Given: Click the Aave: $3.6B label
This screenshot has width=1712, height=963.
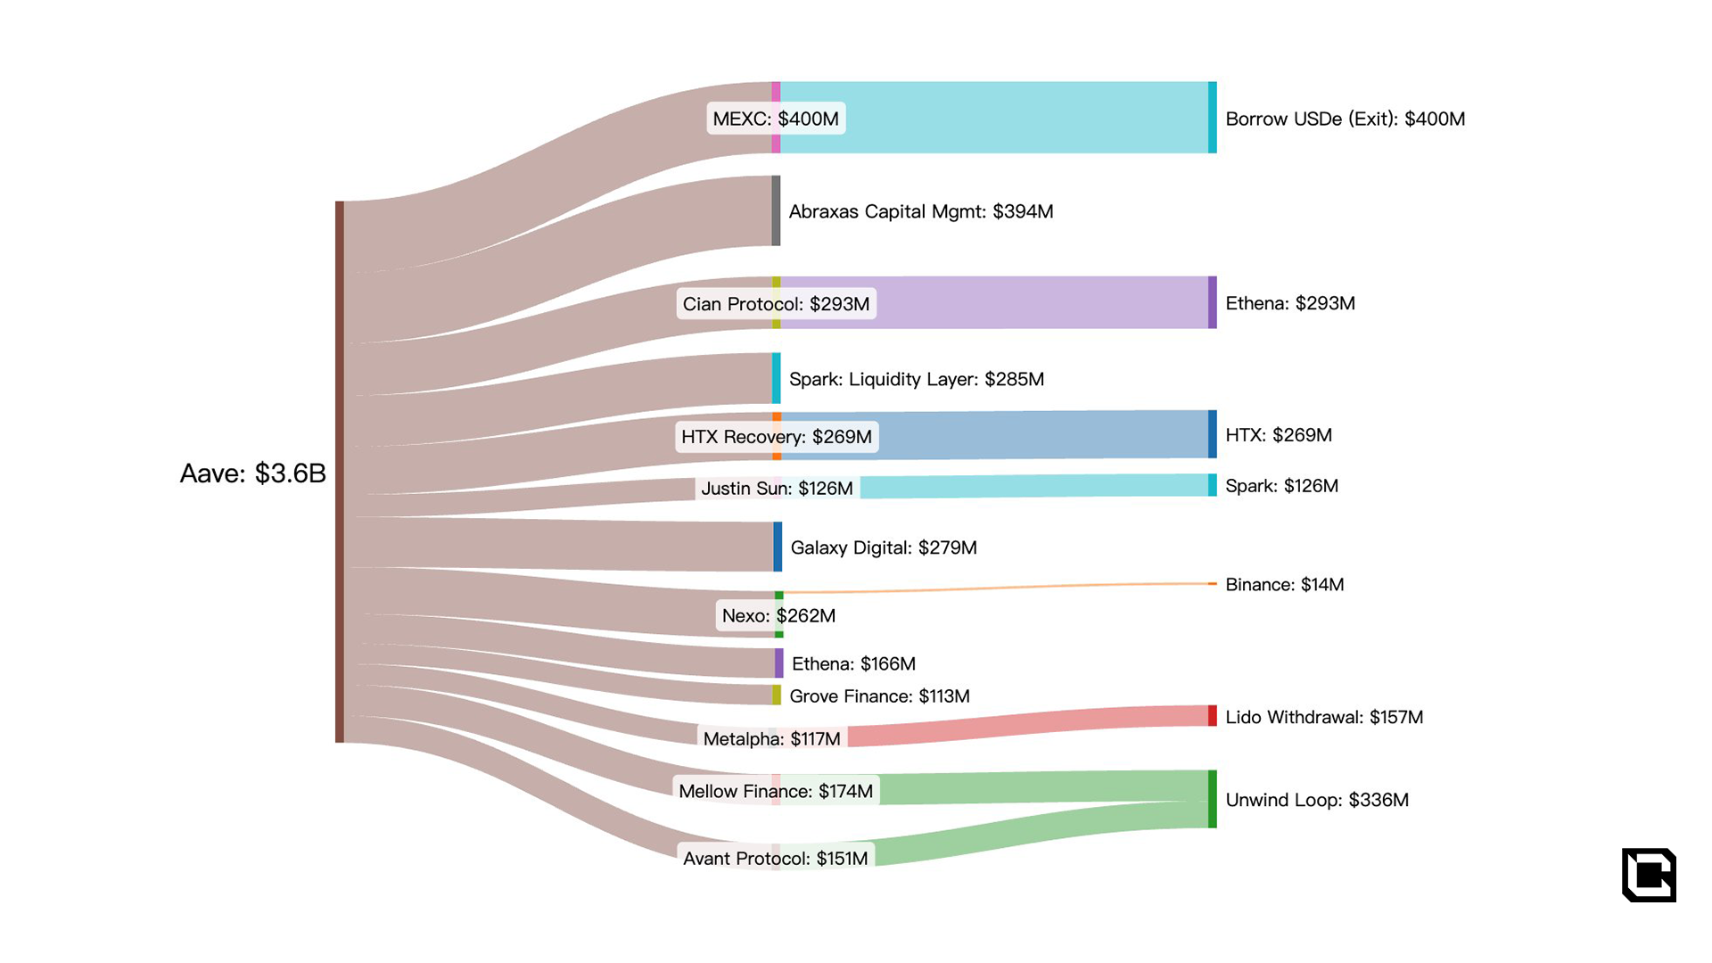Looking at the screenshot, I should click(253, 473).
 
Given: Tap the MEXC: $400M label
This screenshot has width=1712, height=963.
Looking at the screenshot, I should click(776, 119).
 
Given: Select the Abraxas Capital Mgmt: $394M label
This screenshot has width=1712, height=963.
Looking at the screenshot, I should click(921, 211).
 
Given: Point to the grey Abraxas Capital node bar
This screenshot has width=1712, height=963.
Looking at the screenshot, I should click(776, 210).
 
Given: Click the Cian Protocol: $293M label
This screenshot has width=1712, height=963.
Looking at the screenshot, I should click(776, 304).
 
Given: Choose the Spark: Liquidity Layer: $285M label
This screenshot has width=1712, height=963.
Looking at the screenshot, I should click(917, 379).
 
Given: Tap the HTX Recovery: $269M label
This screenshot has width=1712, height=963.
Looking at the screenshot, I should click(777, 437).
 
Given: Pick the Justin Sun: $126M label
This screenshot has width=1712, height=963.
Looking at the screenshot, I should click(777, 488).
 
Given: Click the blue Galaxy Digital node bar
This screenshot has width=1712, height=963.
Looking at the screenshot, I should click(778, 547).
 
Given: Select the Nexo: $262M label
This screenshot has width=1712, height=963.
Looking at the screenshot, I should click(778, 615).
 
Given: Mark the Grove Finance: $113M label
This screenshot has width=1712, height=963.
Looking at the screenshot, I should click(879, 696).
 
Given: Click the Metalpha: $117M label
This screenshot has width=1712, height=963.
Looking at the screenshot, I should click(771, 738).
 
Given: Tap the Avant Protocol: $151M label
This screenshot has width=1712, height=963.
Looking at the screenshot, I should click(775, 858).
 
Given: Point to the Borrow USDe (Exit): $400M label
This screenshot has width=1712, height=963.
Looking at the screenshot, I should click(1345, 119).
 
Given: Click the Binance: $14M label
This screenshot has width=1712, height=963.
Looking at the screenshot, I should click(1284, 585).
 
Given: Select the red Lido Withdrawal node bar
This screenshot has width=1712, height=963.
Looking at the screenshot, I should click(1212, 715).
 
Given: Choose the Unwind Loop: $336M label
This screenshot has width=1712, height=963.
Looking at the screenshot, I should click(1317, 800).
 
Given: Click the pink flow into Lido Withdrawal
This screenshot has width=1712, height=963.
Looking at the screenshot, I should click(1025, 726).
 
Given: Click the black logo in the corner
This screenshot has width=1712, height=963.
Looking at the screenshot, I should click(1649, 875).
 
